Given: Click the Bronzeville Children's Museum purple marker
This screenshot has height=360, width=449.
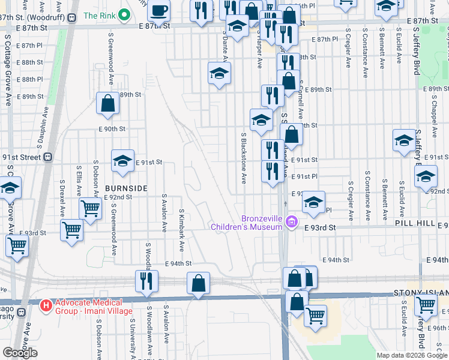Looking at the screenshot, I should click(292, 223).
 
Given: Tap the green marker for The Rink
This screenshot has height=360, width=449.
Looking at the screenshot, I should click(124, 16).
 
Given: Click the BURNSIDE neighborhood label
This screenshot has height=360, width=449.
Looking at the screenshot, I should click(126, 188).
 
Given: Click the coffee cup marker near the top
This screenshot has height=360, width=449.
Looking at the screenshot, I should click(159, 11).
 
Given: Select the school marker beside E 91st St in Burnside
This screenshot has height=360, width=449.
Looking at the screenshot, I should click(122, 161).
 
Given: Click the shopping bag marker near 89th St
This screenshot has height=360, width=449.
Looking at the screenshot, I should click(107, 103).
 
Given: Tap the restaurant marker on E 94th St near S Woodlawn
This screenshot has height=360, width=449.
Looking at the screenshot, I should click(146, 281).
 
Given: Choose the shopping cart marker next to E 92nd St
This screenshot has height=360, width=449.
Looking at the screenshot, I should click(90, 209).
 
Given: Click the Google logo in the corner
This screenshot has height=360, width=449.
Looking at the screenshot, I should click(20, 352).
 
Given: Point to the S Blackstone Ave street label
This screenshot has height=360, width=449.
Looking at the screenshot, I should click(244, 158).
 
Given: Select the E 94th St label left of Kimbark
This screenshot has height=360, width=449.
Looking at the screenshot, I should click(178, 263).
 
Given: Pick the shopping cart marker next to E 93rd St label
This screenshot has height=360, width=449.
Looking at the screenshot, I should click(72, 229).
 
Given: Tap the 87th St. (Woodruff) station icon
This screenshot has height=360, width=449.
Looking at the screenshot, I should click(72, 18).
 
